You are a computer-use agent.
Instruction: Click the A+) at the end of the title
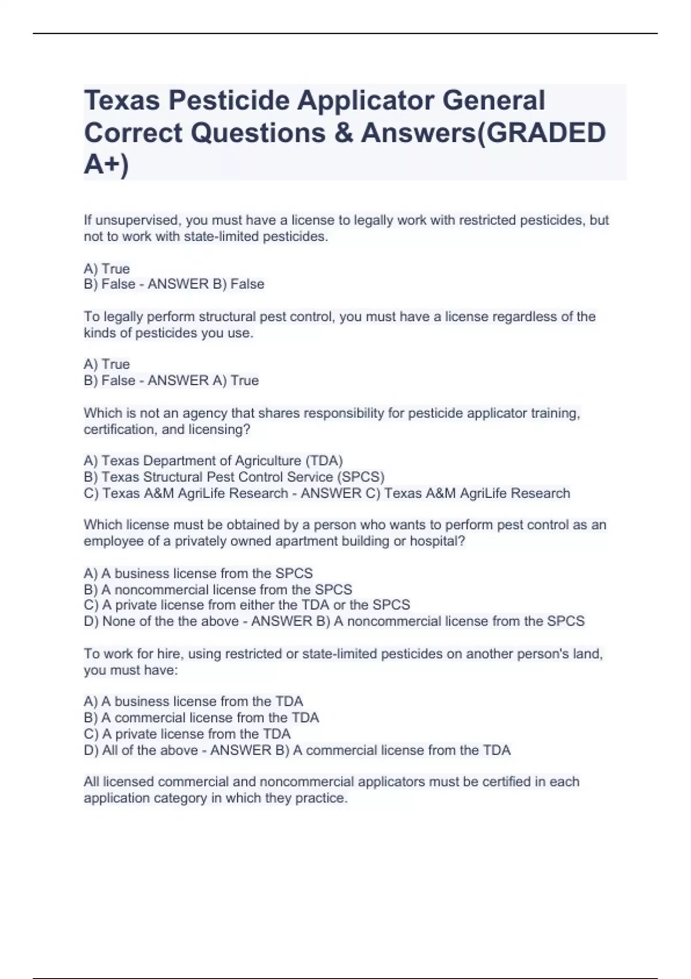107,165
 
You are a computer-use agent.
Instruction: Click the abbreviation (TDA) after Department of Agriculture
324,461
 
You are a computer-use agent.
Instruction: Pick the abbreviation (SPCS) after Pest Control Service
360,477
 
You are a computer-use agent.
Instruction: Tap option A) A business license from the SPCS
198,574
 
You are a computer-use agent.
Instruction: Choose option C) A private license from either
247,605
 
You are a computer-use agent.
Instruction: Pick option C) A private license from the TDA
187,734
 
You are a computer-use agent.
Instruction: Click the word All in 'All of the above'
109,750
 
